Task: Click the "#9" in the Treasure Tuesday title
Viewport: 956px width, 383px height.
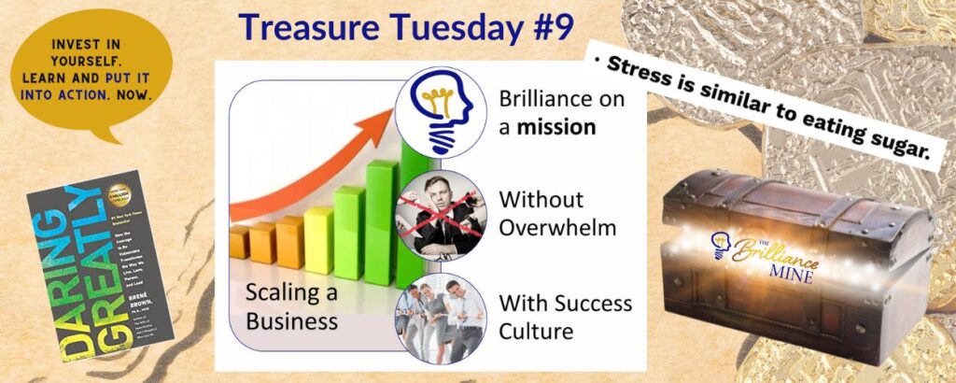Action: tap(547, 31)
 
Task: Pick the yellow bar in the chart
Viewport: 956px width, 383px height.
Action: tap(318, 240)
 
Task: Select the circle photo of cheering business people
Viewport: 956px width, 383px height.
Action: tap(439, 318)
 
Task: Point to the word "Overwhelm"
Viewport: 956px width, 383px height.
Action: tap(551, 226)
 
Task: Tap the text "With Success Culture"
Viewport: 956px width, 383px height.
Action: tap(565, 317)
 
